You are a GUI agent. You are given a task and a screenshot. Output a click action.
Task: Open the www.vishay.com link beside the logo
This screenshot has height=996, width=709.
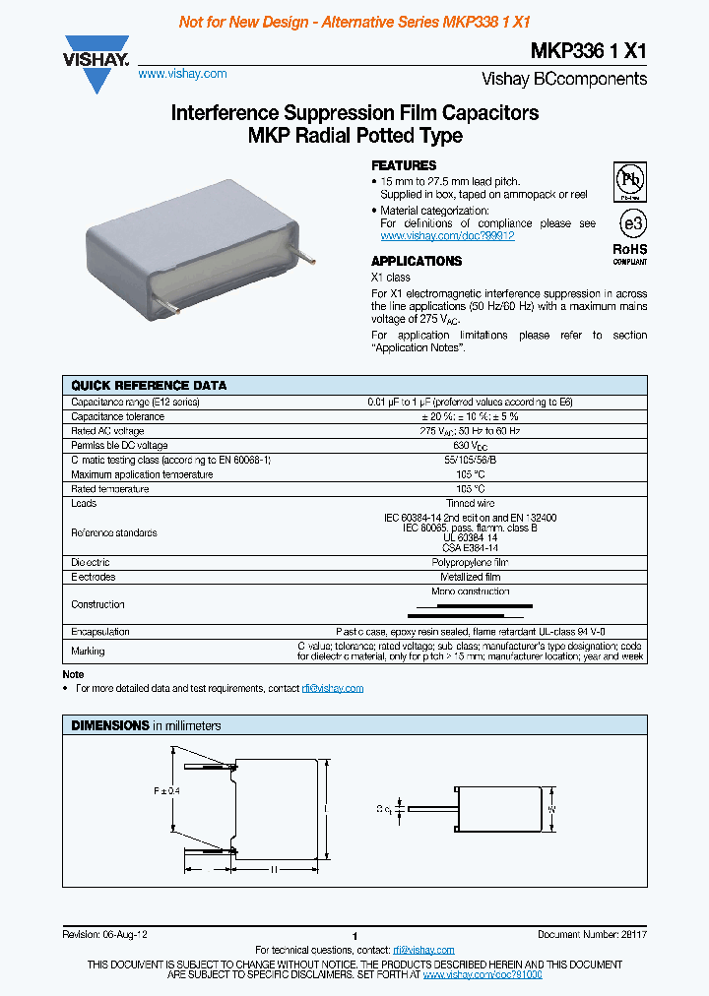pos(182,74)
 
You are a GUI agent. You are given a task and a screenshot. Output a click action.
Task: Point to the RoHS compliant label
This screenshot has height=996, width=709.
pos(630,254)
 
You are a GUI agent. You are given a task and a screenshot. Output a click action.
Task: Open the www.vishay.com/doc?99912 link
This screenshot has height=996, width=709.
pos(447,236)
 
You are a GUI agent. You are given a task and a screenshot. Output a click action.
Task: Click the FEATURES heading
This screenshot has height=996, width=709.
pos(404,165)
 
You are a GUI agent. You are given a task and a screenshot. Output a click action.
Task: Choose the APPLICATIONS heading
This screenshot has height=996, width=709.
pos(417,261)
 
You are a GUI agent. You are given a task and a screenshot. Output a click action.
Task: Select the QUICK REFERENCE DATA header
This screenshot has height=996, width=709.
pos(149,385)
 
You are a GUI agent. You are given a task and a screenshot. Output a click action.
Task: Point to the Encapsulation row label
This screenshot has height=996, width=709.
pos(100,632)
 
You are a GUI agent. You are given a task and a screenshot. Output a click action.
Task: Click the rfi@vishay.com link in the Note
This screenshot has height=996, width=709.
pos(333,688)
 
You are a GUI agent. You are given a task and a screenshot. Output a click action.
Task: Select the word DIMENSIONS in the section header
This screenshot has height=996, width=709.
pos(109,725)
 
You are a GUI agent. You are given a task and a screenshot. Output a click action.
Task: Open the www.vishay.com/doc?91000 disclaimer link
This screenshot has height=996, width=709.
pos(483,973)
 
